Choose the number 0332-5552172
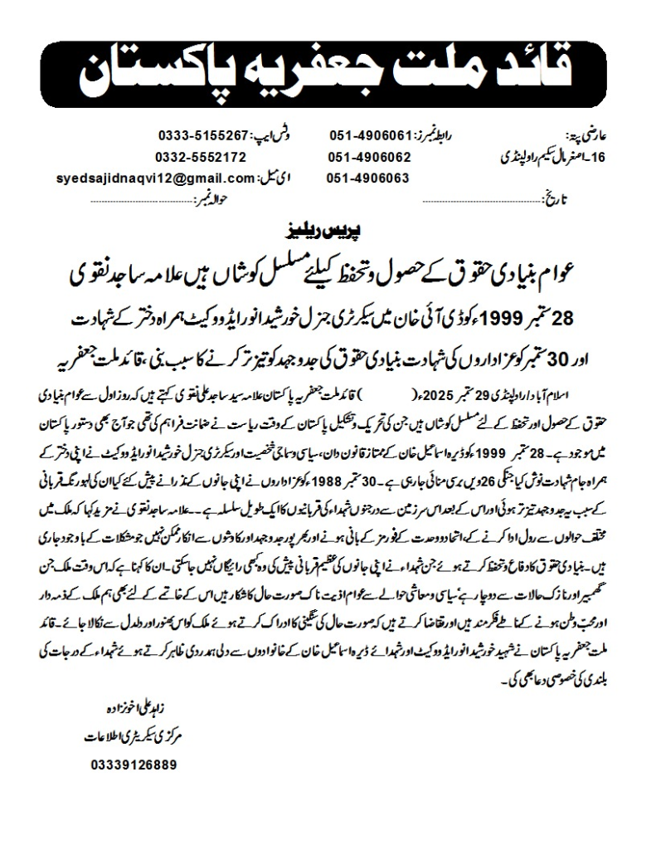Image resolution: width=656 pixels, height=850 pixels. (201, 157)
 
